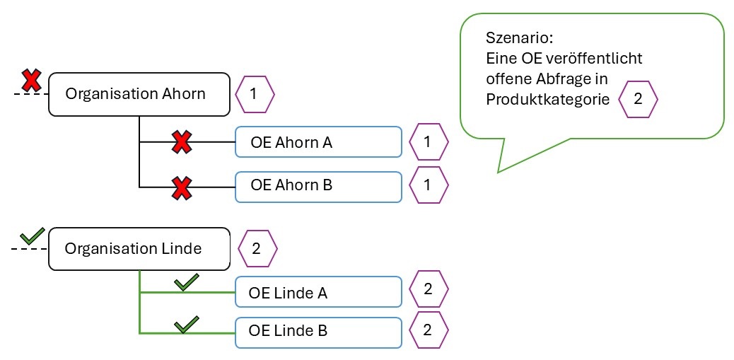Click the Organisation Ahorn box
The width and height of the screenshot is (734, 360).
[139, 93]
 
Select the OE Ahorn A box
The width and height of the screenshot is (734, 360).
[318, 142]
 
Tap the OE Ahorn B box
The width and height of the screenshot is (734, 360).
[318, 186]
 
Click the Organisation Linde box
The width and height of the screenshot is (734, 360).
[139, 249]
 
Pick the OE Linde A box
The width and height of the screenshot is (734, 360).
[318, 292]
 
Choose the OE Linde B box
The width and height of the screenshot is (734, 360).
[318, 330]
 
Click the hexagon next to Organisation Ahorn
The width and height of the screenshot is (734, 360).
[254, 93]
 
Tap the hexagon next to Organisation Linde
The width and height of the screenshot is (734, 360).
[257, 249]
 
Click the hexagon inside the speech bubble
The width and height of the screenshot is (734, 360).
[638, 99]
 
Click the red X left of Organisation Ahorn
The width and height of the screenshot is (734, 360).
[30, 81]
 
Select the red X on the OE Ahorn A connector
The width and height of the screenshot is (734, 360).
[182, 141]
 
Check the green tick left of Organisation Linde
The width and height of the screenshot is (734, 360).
[33, 235]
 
